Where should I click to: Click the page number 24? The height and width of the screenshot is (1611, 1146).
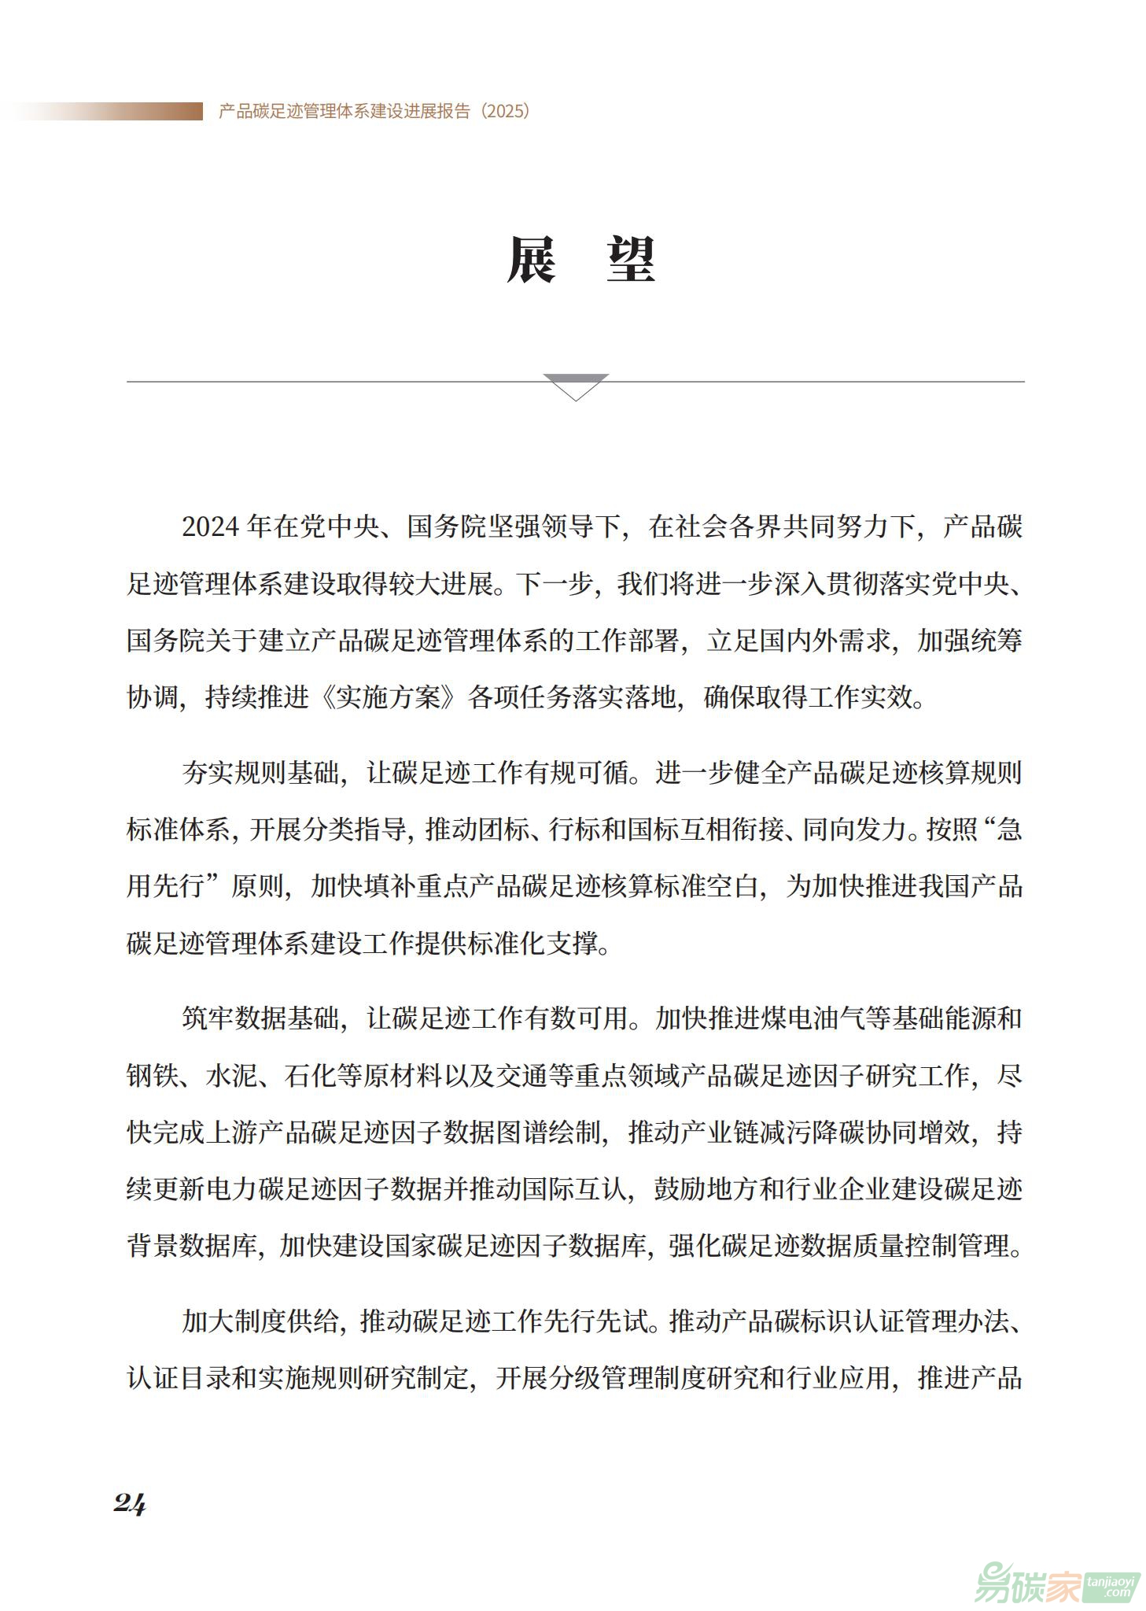(x=130, y=1504)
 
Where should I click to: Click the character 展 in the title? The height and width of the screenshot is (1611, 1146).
(x=532, y=260)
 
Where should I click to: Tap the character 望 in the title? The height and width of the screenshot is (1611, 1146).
(x=630, y=260)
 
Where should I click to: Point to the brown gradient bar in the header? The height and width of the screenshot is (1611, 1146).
(x=110, y=111)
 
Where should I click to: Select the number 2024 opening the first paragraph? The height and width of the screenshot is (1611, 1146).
(x=210, y=527)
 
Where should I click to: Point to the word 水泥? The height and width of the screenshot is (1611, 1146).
(x=232, y=1075)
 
